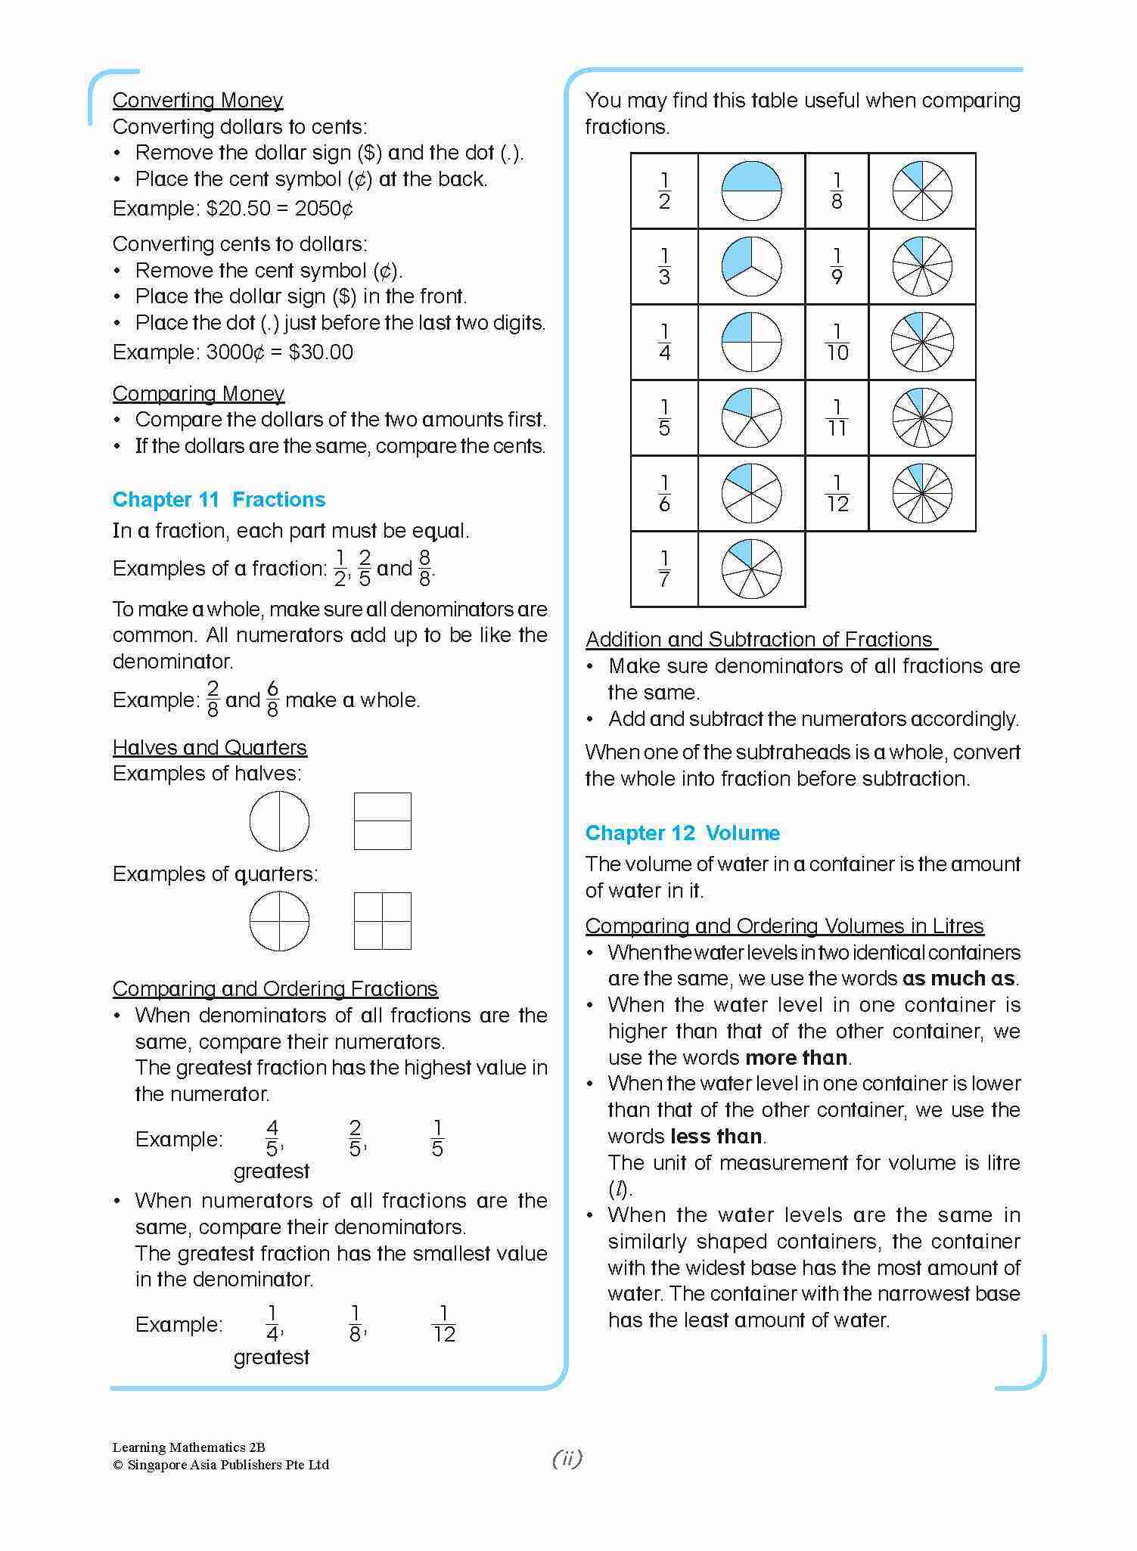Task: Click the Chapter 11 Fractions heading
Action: [x=219, y=499]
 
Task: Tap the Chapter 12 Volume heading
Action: [x=682, y=833]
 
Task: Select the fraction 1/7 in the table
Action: [x=663, y=569]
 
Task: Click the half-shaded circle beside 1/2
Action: [x=750, y=191]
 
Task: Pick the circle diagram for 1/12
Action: [x=921, y=493]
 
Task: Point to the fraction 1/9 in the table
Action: [x=836, y=266]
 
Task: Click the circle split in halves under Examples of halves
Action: [x=279, y=821]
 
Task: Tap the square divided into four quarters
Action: [x=382, y=921]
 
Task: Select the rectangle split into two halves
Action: [x=382, y=821]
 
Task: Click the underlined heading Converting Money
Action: [x=197, y=100]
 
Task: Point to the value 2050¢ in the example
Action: [x=324, y=208]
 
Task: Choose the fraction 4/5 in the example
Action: [x=272, y=1138]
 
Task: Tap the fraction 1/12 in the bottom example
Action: [x=443, y=1324]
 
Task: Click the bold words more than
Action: [x=796, y=1057]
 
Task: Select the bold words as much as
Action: [x=958, y=978]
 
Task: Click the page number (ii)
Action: [x=567, y=1458]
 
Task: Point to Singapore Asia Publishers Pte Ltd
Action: [x=228, y=1465]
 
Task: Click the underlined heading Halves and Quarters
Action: [x=210, y=747]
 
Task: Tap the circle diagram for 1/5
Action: [x=750, y=417]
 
